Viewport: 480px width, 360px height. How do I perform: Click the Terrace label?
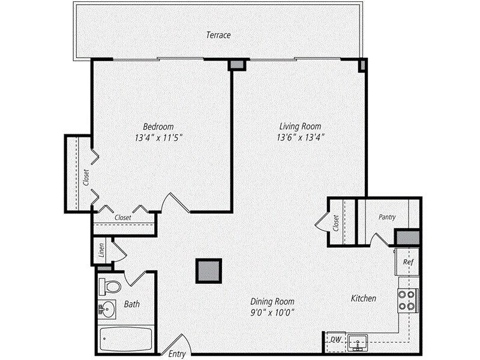(x=218, y=35)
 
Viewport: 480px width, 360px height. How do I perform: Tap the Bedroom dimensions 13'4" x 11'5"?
(x=158, y=137)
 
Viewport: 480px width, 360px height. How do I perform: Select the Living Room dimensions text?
(x=300, y=137)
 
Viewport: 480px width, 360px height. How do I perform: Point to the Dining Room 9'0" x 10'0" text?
(x=272, y=313)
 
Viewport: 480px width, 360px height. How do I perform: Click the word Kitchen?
(x=364, y=298)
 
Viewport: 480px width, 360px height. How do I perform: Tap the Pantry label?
(x=387, y=217)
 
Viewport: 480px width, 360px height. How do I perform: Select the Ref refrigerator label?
(x=408, y=262)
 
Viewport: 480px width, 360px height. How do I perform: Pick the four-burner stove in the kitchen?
(x=407, y=299)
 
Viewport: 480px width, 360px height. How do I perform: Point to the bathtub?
(x=124, y=340)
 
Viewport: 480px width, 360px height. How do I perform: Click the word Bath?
(x=132, y=304)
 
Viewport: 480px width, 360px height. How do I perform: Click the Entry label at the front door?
(x=177, y=353)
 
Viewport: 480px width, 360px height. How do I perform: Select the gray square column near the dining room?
(x=209, y=270)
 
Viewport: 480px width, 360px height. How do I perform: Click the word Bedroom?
(x=158, y=127)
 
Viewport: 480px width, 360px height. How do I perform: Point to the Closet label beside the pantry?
(x=336, y=223)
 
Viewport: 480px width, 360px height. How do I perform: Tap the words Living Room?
(x=300, y=127)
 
